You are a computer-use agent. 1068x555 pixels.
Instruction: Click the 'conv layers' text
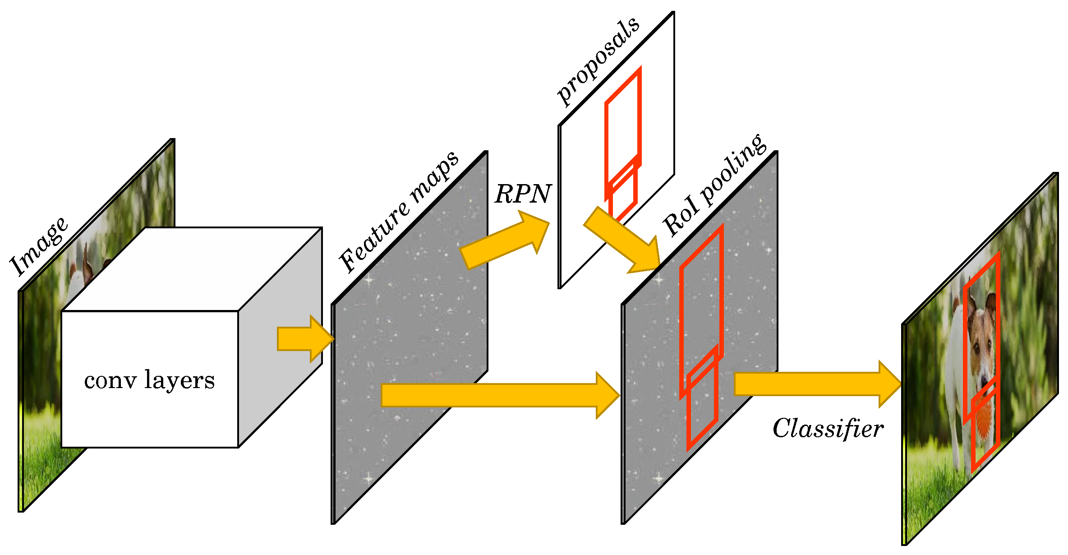click(x=149, y=380)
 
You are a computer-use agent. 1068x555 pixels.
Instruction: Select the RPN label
click(x=522, y=194)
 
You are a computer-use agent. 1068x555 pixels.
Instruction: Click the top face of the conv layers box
click(x=192, y=269)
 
